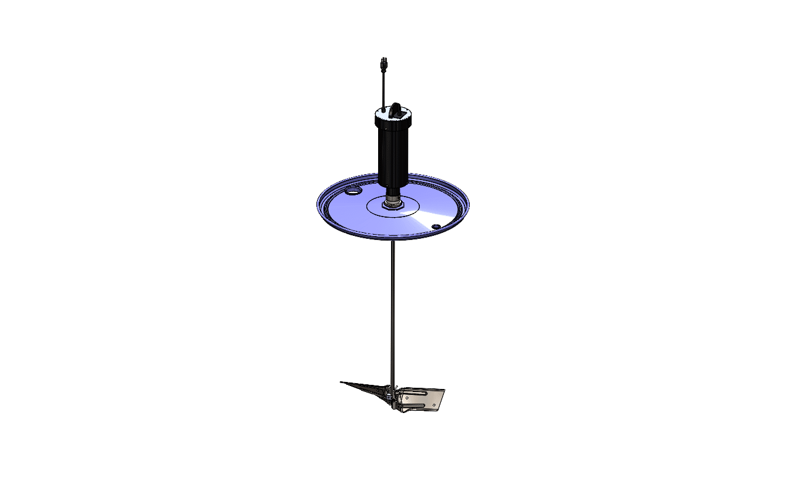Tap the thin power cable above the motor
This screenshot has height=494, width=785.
(x=383, y=88)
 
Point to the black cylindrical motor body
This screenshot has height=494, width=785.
(x=392, y=153)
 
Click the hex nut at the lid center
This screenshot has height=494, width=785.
(x=392, y=204)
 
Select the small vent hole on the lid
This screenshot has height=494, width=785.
(x=436, y=226)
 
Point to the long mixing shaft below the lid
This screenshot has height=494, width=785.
(x=392, y=305)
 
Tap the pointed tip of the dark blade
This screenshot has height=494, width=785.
(x=342, y=383)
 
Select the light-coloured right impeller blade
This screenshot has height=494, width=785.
(x=423, y=399)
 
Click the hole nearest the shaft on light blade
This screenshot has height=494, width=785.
(x=407, y=398)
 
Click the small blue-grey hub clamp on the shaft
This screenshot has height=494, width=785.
(x=389, y=398)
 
